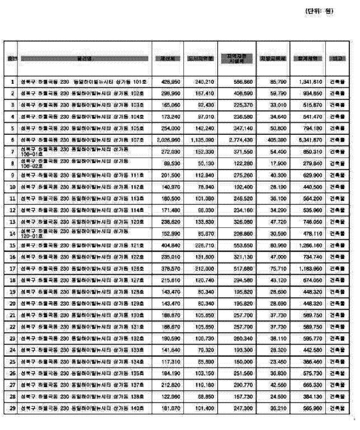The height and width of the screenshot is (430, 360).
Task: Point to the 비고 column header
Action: tap(337, 59)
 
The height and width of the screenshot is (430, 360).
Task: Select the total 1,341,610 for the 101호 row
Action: tap(309, 81)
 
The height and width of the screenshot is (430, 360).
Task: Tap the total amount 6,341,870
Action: tap(309, 140)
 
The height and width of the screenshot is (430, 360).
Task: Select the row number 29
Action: tap(12, 409)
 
